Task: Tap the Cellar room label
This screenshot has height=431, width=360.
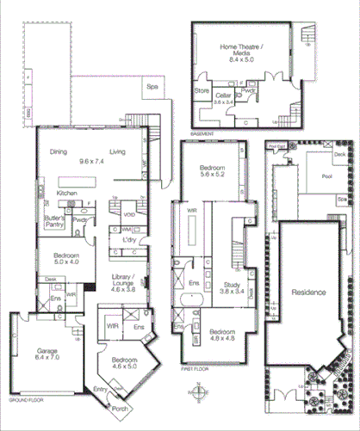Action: pyautogui.click(x=223, y=95)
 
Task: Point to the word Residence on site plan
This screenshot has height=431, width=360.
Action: pyautogui.click(x=308, y=292)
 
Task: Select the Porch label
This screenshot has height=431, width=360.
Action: pyautogui.click(x=121, y=409)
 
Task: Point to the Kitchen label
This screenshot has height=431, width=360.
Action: pyautogui.click(x=68, y=194)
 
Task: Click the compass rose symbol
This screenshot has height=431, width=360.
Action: pyautogui.click(x=199, y=396)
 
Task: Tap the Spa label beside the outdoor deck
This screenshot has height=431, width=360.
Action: pyautogui.click(x=152, y=86)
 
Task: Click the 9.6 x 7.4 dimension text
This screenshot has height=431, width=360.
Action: pyautogui.click(x=90, y=160)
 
